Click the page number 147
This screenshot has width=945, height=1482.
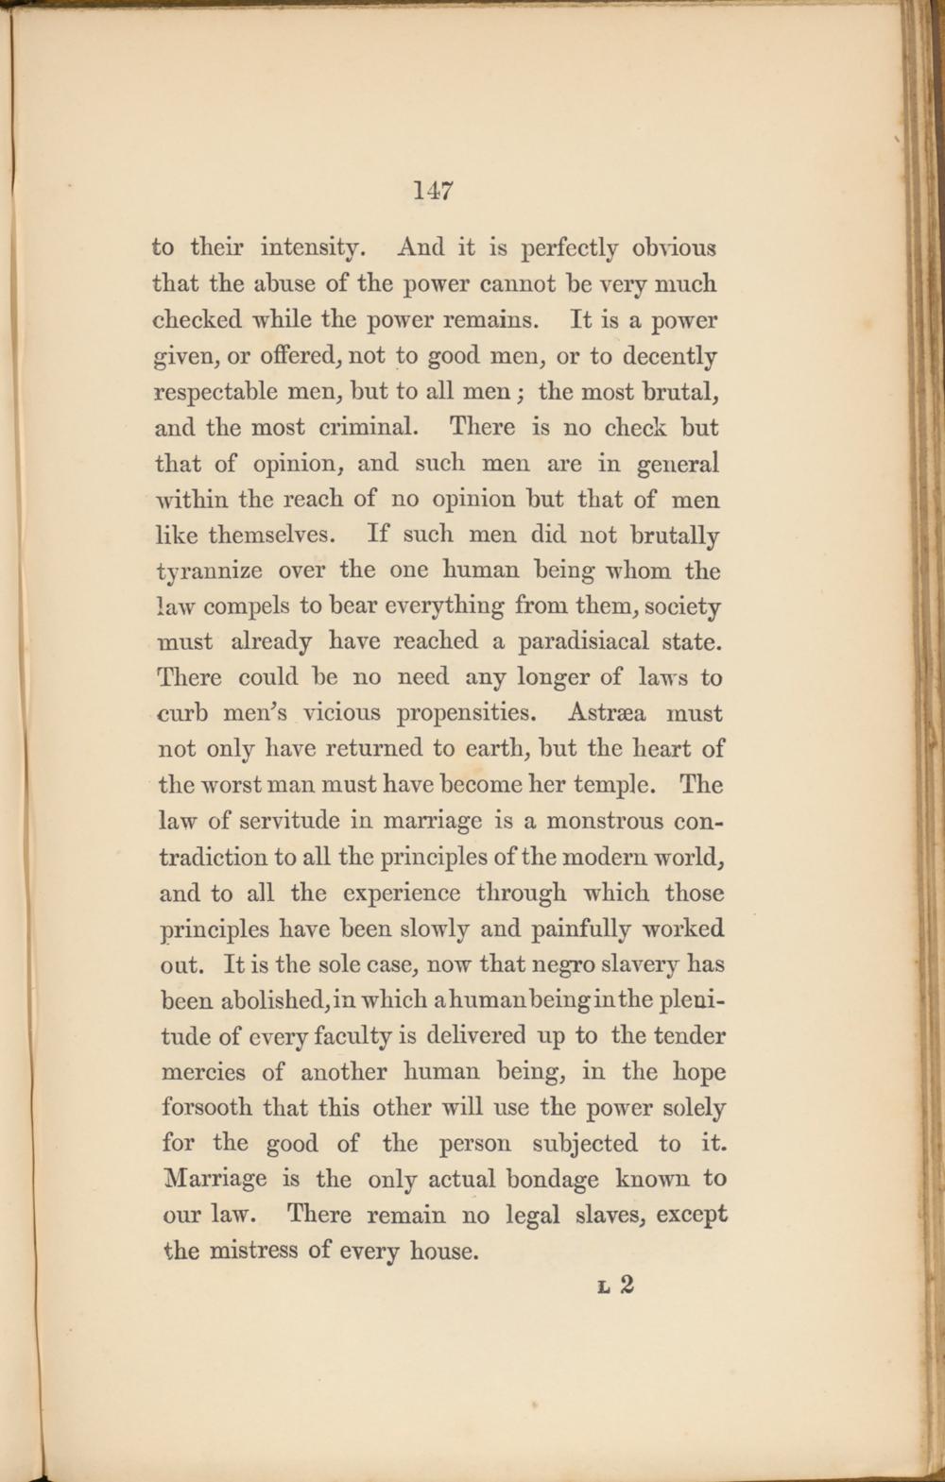434,190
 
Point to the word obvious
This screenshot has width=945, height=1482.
674,248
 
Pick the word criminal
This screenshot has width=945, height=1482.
367,428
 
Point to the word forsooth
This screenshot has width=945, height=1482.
206,1107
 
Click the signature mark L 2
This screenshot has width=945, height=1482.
615,1286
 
